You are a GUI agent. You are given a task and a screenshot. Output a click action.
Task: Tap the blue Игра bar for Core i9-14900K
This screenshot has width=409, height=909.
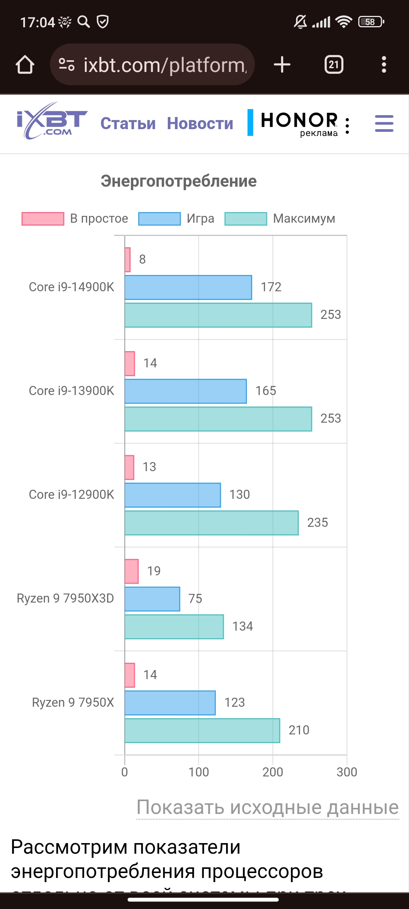(188, 287)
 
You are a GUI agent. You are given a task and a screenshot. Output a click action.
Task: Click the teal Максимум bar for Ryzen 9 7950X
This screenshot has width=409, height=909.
(202, 731)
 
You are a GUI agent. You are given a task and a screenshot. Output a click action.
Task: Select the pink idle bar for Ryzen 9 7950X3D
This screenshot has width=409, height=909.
(131, 571)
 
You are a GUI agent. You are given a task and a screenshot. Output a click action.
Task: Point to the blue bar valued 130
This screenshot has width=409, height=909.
(173, 495)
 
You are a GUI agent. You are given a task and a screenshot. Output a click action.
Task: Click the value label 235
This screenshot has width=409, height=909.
(317, 523)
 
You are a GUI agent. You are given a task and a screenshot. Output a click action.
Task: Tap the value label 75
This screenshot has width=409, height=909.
(195, 599)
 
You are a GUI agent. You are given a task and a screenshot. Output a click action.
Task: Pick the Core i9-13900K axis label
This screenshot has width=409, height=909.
(72, 391)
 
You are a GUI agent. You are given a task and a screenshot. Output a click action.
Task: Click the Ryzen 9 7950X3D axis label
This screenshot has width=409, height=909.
(66, 598)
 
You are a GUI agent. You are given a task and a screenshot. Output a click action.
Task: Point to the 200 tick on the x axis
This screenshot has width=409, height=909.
(273, 772)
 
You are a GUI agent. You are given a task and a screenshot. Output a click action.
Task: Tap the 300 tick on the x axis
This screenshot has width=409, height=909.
(347, 772)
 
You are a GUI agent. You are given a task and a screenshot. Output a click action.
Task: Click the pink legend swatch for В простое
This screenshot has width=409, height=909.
(43, 219)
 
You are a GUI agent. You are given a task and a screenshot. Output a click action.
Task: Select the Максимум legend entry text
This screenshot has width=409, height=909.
(304, 219)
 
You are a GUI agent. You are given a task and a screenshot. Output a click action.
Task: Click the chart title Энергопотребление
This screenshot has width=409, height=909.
(179, 181)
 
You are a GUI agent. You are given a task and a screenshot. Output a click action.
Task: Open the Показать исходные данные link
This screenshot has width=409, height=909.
(267, 807)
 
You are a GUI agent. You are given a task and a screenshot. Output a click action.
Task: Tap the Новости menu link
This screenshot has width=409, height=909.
(200, 123)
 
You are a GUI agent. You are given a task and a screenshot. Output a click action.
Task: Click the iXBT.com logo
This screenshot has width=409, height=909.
(52, 121)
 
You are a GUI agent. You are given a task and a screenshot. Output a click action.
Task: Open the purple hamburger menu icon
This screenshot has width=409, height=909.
(384, 123)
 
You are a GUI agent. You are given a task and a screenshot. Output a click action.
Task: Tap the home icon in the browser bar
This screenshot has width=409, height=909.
(25, 65)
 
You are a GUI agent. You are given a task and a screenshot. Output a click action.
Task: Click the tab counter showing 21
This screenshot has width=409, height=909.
(334, 65)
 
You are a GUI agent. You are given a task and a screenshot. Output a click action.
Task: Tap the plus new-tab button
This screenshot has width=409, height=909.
(282, 65)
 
